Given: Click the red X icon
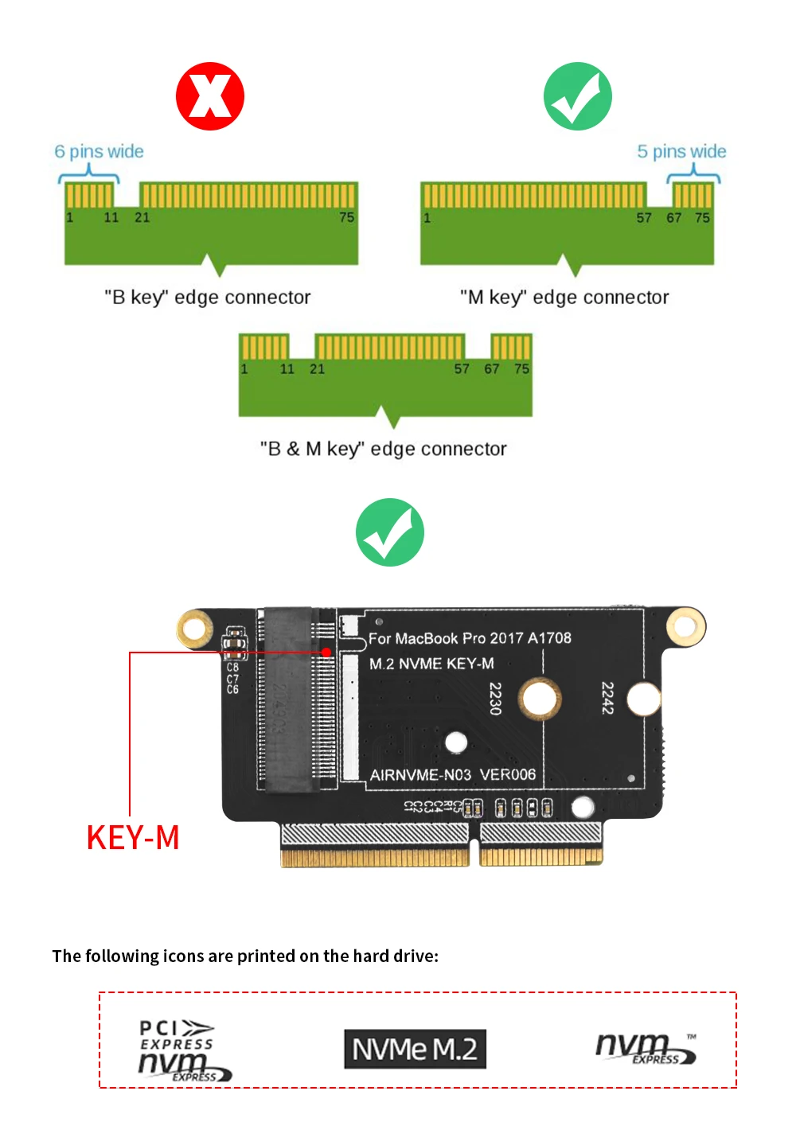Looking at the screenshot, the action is click(x=210, y=96).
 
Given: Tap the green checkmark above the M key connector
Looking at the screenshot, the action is click(x=578, y=96).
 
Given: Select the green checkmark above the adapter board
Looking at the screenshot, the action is click(x=390, y=532).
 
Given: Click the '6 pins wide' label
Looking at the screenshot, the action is click(x=99, y=151).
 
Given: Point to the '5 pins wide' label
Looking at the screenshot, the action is click(x=681, y=151).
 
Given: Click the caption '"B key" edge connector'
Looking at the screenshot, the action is click(x=207, y=297).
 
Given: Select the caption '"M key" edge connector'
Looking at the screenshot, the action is click(x=564, y=297).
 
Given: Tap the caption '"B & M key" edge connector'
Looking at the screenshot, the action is click(x=383, y=449).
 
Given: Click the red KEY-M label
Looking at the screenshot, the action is click(x=133, y=838).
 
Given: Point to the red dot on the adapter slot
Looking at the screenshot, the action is click(x=326, y=653).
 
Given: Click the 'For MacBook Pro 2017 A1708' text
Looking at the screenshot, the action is click(x=470, y=638).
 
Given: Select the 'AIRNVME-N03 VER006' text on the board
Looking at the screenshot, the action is click(x=453, y=774).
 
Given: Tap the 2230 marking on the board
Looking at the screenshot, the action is click(x=495, y=698).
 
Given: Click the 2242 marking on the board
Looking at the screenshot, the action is click(x=607, y=698).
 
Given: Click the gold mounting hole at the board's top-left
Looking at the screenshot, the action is click(x=194, y=629).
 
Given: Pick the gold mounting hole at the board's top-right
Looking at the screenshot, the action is click(x=685, y=625).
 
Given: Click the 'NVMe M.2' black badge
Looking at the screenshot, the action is click(x=415, y=1049).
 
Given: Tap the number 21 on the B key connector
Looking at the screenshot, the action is click(x=142, y=217).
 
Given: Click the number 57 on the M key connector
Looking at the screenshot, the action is click(x=643, y=217).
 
